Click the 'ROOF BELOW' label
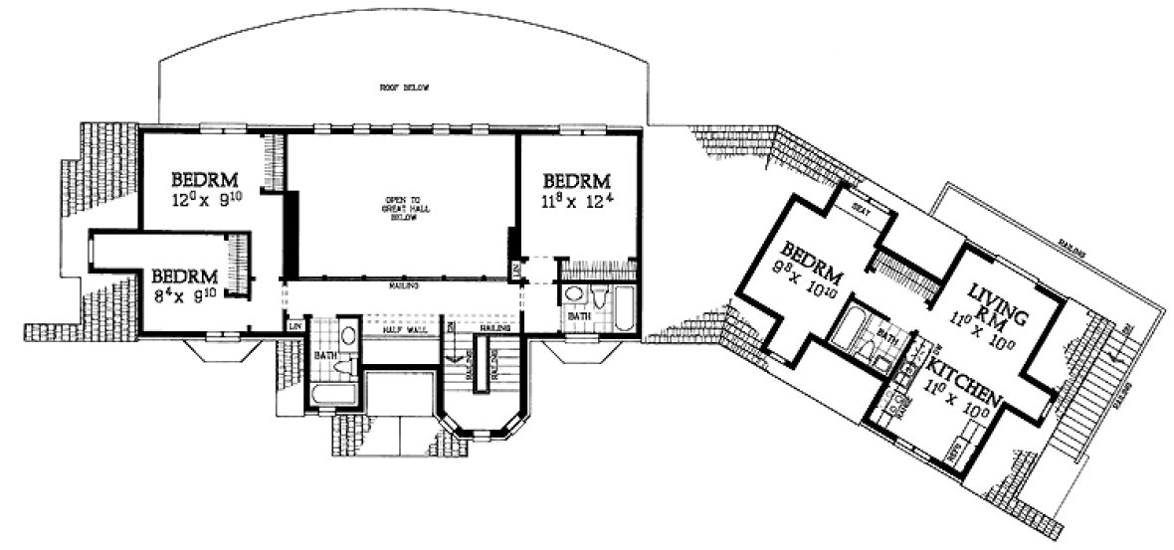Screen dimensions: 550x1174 (403, 89)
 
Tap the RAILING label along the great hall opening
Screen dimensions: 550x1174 (402, 285)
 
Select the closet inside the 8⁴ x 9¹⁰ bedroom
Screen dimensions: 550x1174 (238, 264)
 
